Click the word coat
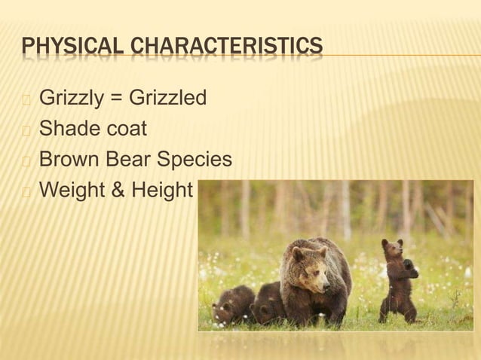click(124, 130)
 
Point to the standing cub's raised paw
click(410, 265)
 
